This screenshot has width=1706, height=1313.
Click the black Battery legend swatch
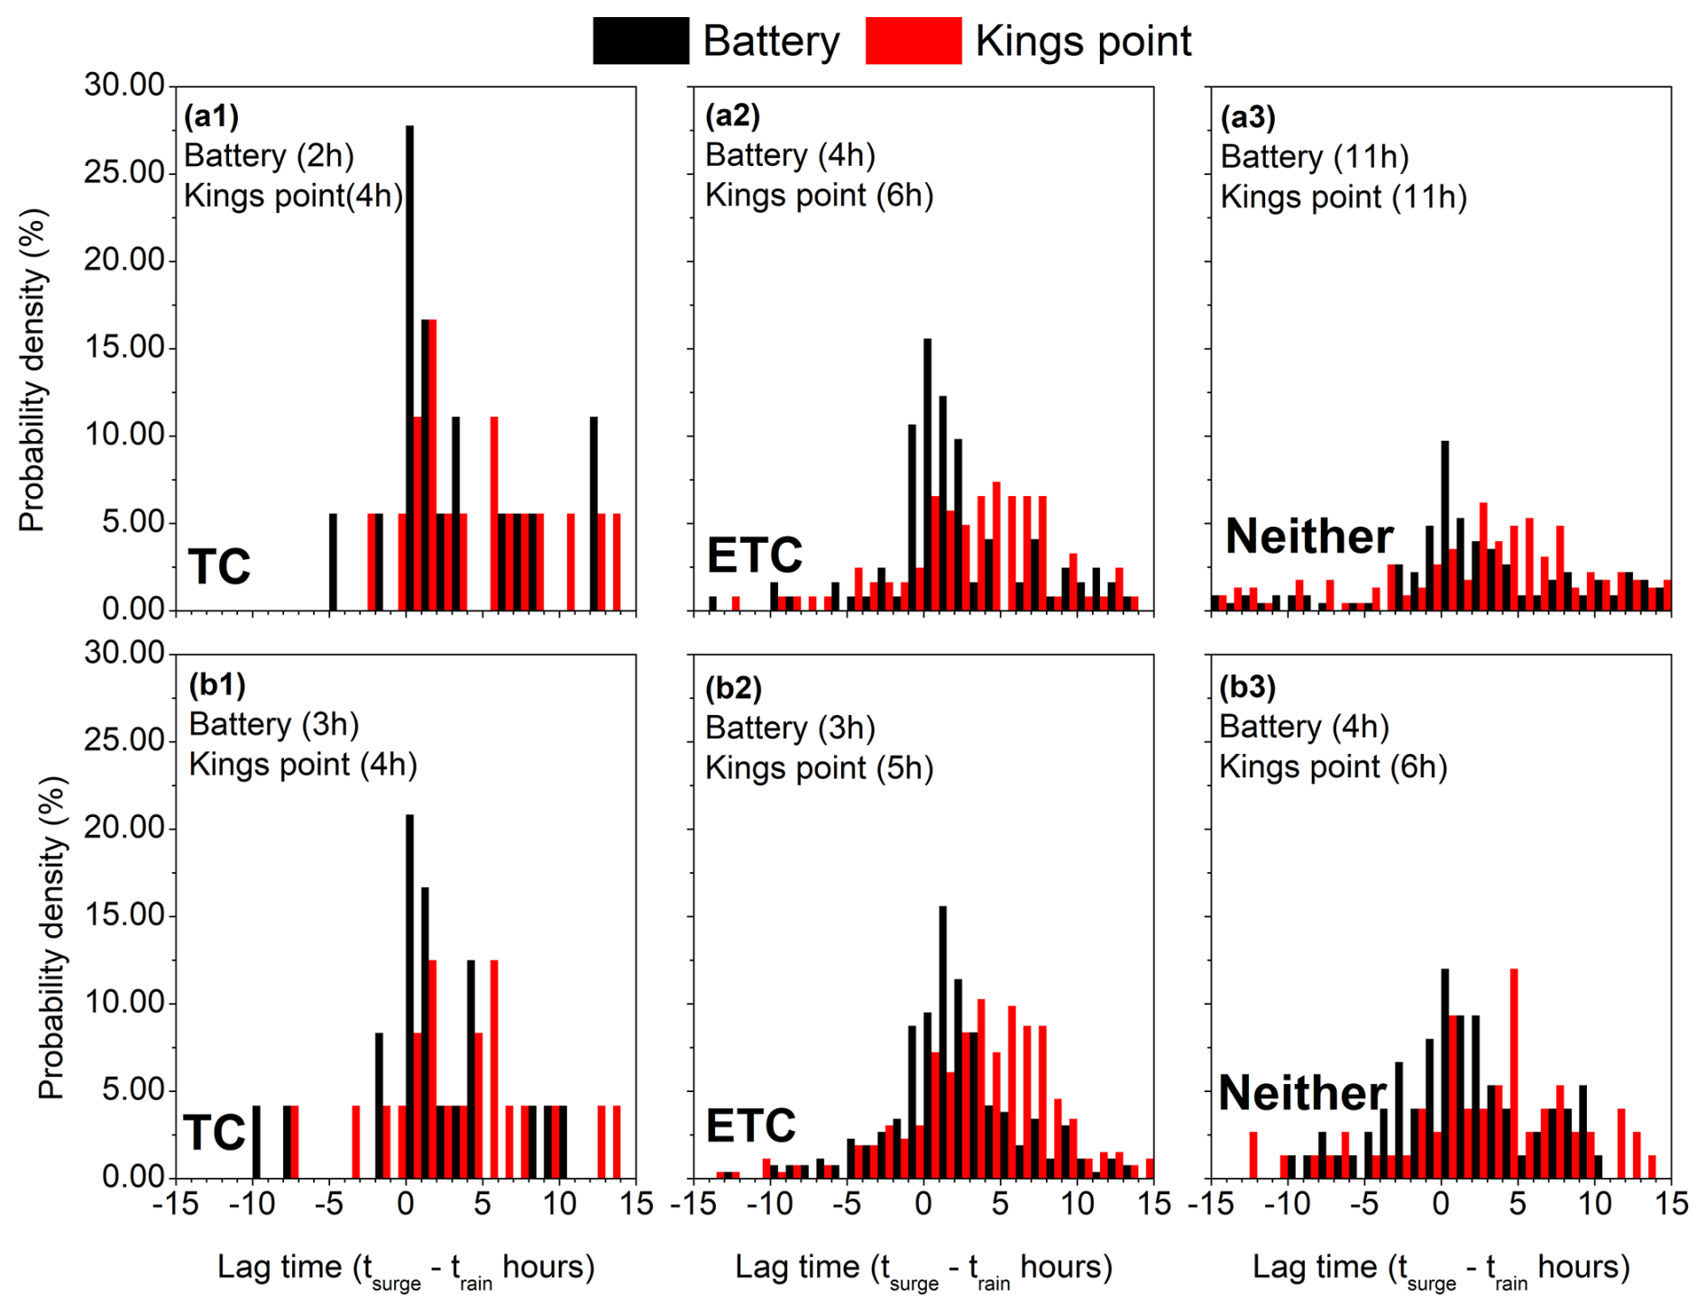pyautogui.click(x=640, y=41)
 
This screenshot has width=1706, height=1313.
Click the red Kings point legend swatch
pyautogui.click(x=913, y=41)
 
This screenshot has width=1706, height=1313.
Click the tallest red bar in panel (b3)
pyautogui.click(x=1514, y=1073)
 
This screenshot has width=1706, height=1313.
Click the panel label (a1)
pyautogui.click(x=211, y=116)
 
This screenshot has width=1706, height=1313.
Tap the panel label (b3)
pyautogui.click(x=1247, y=687)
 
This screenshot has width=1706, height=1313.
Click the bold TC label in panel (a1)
pyautogui.click(x=219, y=566)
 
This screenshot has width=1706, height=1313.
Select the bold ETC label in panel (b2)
pyautogui.click(x=750, y=1125)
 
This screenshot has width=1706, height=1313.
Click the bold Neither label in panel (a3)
pyautogui.click(x=1309, y=537)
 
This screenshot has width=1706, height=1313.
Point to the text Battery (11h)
pyautogui.click(x=1314, y=157)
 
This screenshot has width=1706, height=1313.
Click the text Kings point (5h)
pyautogui.click(x=819, y=768)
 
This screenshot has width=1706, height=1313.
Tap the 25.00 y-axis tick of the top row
pyautogui.click(x=124, y=172)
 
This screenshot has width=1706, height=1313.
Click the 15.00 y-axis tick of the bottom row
pyautogui.click(x=124, y=914)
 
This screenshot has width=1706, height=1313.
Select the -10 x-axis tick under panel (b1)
pyautogui.click(x=252, y=1204)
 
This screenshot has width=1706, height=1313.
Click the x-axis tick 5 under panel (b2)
pyautogui.click(x=1000, y=1204)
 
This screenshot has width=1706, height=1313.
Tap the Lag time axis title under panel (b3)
pyautogui.click(x=1441, y=1268)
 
